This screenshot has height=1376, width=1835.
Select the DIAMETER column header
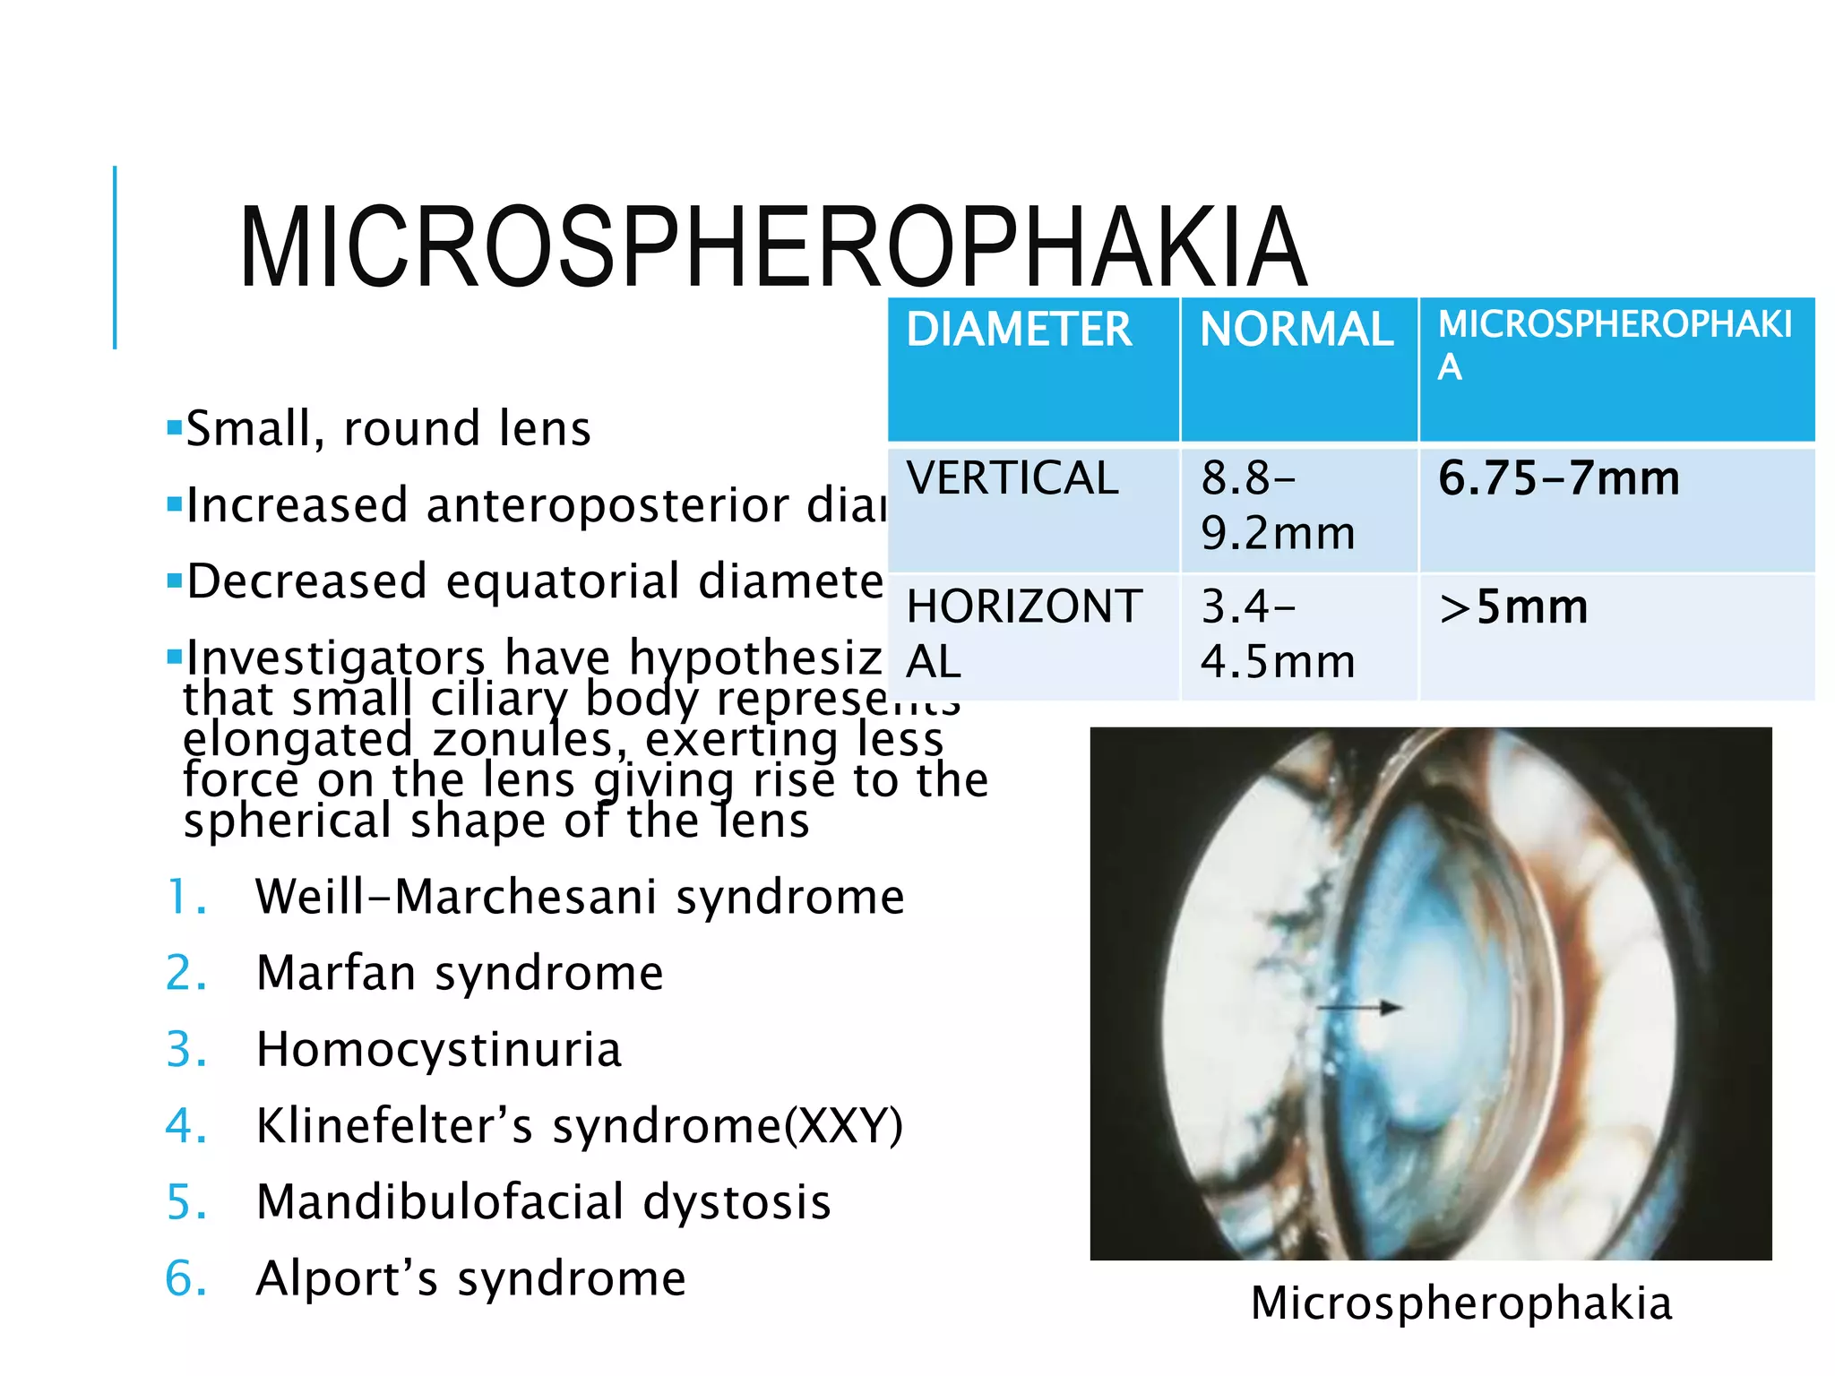1019,330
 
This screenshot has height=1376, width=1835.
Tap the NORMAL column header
1297,330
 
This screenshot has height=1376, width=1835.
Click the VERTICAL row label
1012,477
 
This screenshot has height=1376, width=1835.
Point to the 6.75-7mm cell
1559,478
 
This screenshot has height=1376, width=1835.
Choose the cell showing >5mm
1513,607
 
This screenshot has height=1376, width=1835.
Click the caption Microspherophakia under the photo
1461,1303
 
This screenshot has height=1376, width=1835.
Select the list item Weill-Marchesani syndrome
580,897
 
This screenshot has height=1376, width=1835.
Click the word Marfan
336,973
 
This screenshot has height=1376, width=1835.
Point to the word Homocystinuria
438,1050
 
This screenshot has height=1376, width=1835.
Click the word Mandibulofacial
440,1202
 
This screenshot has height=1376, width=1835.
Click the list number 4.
185,1126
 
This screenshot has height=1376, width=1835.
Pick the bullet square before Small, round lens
175,428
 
